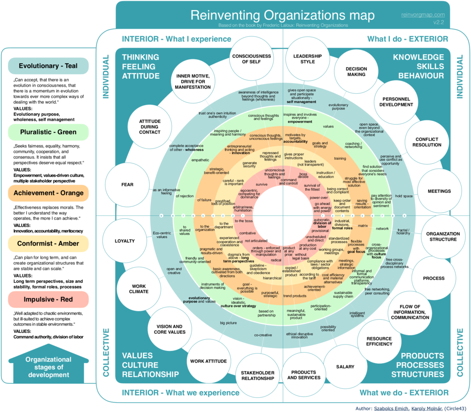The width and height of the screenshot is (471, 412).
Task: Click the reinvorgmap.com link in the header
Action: (423, 15)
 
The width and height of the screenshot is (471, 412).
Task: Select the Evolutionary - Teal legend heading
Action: (48, 66)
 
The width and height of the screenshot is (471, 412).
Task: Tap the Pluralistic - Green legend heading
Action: (48, 132)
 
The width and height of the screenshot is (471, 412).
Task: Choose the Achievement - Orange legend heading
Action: (48, 193)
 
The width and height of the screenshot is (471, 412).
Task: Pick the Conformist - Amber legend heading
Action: (48, 244)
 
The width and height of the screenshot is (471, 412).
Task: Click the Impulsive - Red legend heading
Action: (48, 299)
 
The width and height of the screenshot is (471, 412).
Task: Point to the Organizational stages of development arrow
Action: (48, 366)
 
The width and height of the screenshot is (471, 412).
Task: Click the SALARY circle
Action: (345, 366)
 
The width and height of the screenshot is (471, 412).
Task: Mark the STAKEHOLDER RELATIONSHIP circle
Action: (258, 375)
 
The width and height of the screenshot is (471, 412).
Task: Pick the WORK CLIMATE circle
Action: (139, 288)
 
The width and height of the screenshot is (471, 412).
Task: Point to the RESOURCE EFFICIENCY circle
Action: (380, 341)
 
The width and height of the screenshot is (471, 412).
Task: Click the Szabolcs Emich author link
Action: (391, 408)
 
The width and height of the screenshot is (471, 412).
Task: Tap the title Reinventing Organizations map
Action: (283, 15)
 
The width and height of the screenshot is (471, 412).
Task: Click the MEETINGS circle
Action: (439, 191)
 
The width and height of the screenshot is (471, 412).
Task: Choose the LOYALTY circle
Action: (124, 241)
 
